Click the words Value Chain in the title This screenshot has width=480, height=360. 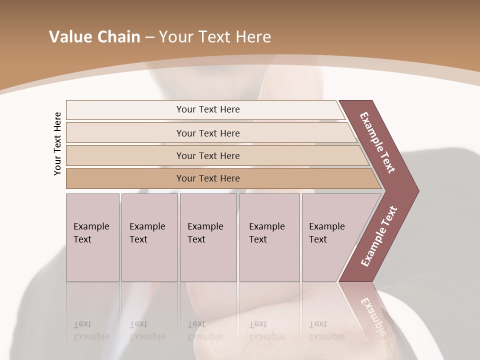point(94,37)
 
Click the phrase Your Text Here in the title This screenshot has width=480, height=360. point(215,37)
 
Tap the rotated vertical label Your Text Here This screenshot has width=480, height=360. point(57,143)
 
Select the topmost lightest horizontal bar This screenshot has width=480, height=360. point(207,109)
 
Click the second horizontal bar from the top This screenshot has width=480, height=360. point(207,133)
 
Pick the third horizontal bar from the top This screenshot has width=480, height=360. point(207,155)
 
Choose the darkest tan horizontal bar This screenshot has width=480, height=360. point(207,178)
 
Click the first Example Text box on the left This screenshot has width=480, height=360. point(92,237)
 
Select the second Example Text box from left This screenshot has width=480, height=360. point(149,237)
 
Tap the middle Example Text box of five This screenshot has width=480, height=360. point(208,237)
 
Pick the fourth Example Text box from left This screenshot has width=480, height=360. point(269,237)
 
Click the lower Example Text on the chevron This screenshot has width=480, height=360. point(379,236)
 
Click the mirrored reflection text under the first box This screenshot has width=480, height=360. point(91,330)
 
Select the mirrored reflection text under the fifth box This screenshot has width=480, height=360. point(326,330)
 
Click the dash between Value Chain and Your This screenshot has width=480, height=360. point(149,37)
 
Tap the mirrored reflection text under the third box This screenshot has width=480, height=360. point(205,330)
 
